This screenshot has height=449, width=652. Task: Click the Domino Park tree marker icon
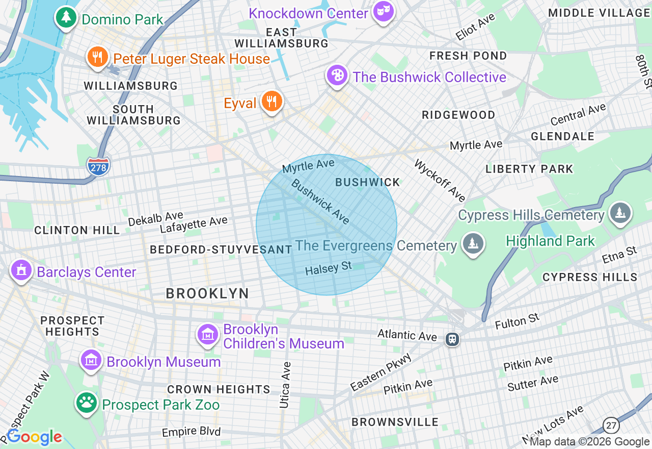(x=66, y=18)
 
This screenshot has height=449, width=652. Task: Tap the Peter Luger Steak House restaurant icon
(x=97, y=57)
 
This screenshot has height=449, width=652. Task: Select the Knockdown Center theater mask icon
(x=383, y=12)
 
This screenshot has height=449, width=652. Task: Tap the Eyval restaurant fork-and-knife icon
(x=272, y=101)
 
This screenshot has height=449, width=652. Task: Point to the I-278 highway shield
(x=98, y=167)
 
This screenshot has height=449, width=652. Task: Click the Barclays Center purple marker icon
(x=21, y=270)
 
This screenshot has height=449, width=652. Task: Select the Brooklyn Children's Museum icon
(x=208, y=335)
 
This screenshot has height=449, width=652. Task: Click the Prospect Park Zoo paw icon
(x=87, y=403)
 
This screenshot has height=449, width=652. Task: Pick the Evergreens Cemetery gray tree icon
(x=473, y=244)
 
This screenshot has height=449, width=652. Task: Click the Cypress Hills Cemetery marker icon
(x=619, y=213)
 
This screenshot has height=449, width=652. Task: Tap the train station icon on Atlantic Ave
(x=452, y=339)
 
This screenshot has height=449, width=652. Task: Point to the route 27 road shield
(x=611, y=425)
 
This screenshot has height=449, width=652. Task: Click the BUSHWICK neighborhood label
(x=368, y=182)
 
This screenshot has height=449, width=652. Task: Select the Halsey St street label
(x=329, y=268)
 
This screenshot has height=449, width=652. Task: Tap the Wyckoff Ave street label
(x=440, y=180)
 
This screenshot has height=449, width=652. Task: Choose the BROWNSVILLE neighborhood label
(x=395, y=422)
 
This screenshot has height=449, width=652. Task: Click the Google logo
(x=34, y=437)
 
